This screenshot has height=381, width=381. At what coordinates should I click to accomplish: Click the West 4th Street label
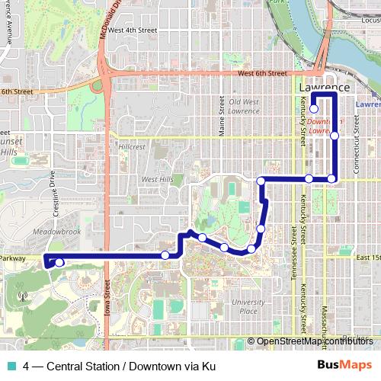pyautogui.click(x=132, y=30)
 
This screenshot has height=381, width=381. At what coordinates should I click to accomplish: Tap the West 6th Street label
pyautogui.click(x=261, y=74)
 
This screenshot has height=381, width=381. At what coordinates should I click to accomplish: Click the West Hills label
pyautogui.click(x=156, y=180)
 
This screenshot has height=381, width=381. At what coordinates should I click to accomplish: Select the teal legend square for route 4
pyautogui.click(x=10, y=366)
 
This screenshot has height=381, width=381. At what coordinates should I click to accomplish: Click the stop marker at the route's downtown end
pyautogui.click(x=313, y=109)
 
